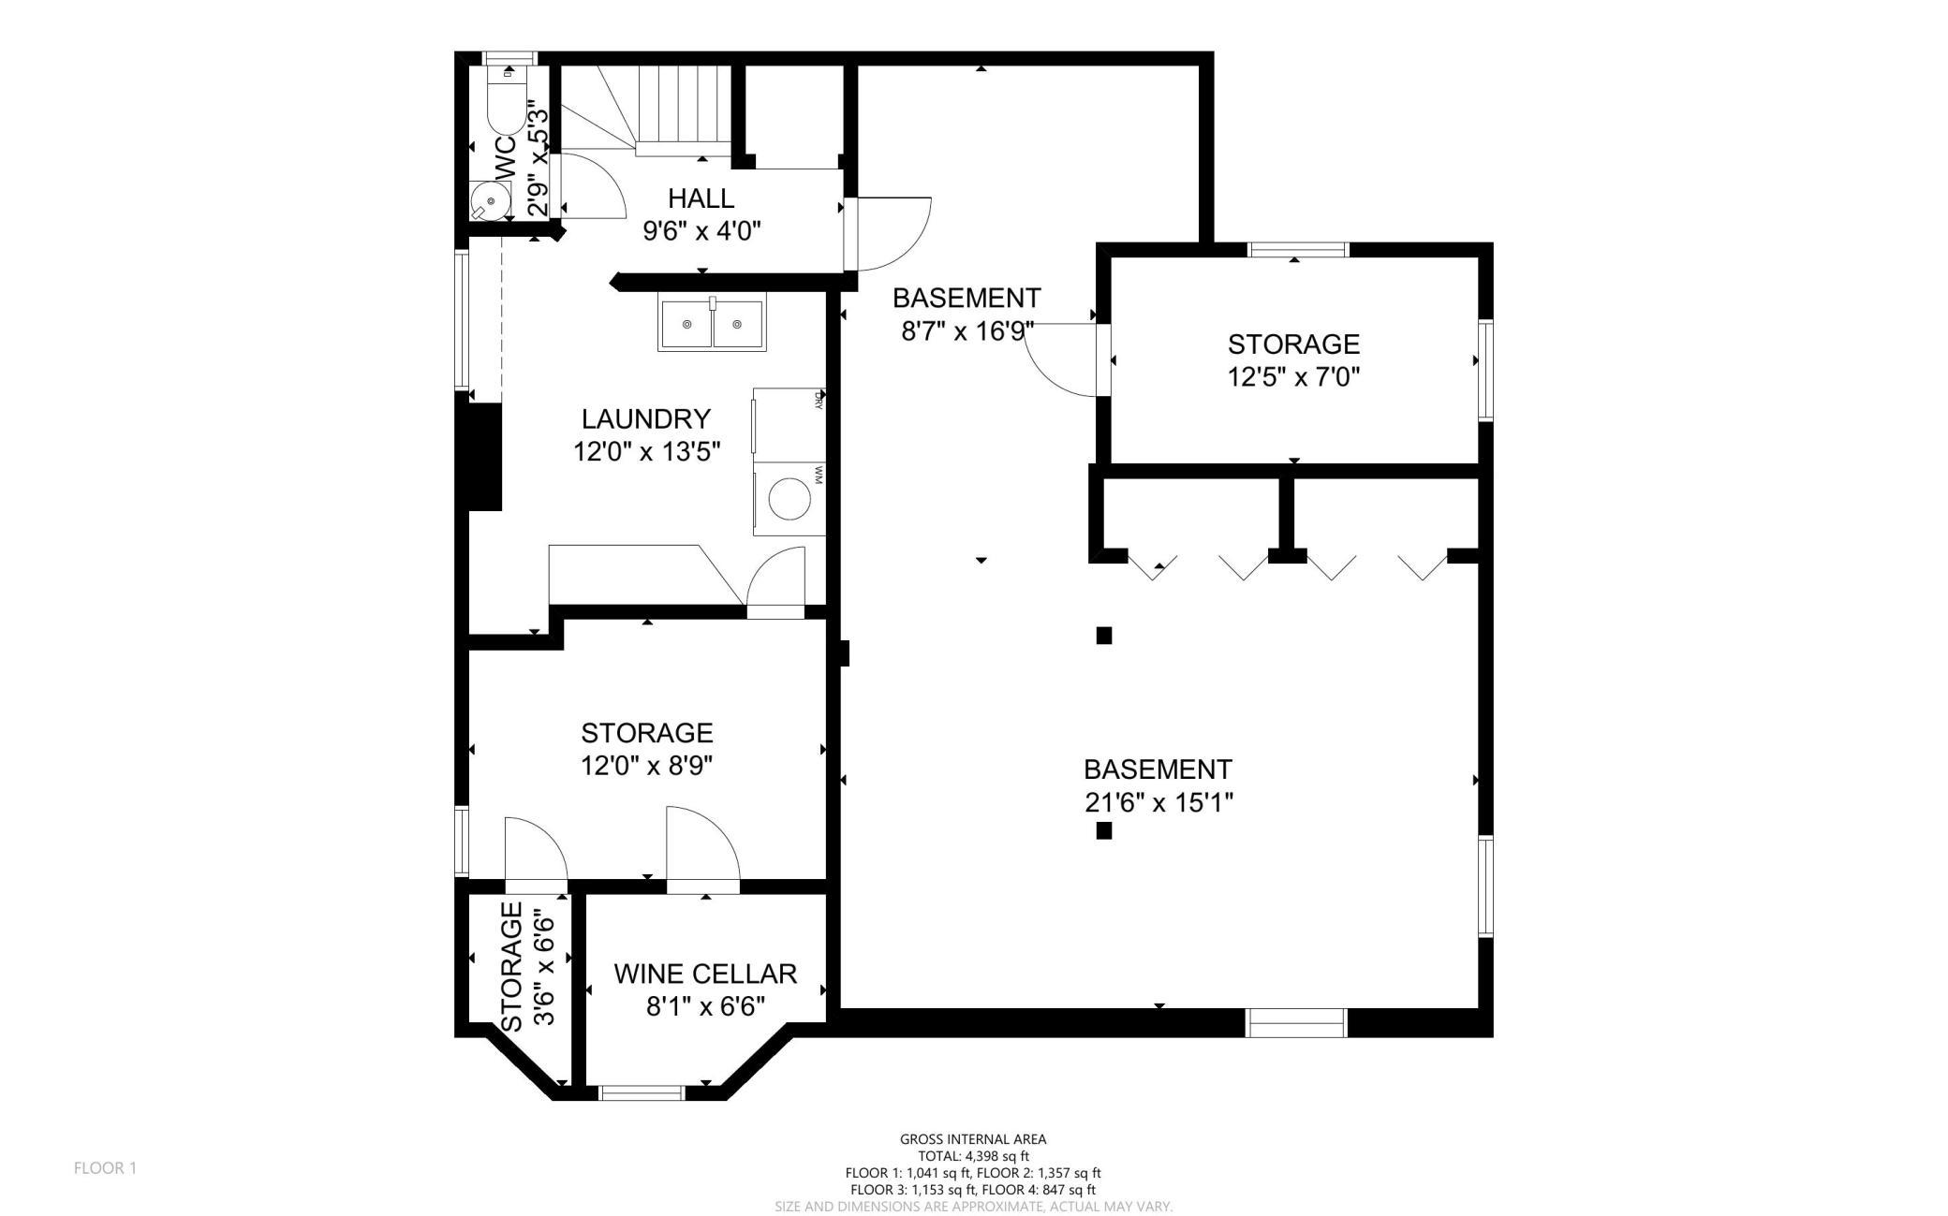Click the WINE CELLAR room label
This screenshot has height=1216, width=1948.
[705, 974]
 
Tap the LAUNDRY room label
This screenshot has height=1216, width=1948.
[646, 418]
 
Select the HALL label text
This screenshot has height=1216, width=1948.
[701, 198]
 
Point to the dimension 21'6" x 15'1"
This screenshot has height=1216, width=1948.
[1158, 803]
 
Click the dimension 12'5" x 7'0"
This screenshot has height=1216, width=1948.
[1293, 377]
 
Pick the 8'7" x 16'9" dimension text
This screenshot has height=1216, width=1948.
[967, 331]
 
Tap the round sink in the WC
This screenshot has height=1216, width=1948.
[490, 200]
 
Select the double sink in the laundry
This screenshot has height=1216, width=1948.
[712, 323]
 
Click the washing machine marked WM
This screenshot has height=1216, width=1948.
[790, 498]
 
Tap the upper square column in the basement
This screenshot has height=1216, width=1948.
[1104, 636]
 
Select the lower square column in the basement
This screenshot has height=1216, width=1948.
[1104, 830]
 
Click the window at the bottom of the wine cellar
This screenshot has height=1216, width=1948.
[642, 1092]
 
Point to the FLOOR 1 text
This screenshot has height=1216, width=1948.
[105, 1168]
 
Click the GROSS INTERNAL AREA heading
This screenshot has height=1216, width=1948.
[973, 1139]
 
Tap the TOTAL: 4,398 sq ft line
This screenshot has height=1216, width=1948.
[973, 1156]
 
